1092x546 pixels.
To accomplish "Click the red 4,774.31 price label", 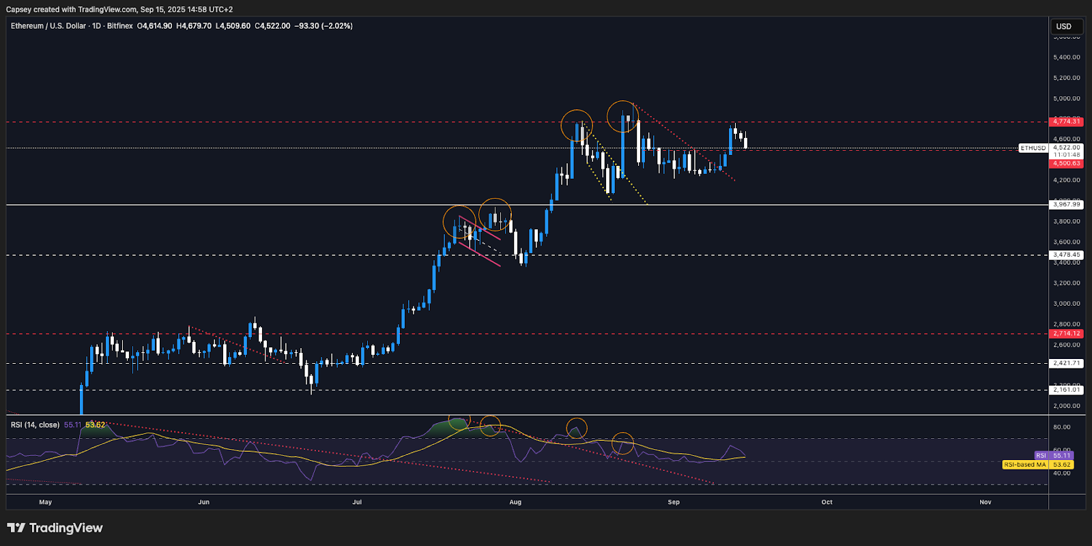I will click(x=1066, y=121).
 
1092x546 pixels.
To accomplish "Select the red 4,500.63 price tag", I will click(x=1066, y=164).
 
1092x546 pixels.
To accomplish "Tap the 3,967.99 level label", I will click(x=1066, y=205).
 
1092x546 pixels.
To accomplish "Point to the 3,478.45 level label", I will click(x=1066, y=255).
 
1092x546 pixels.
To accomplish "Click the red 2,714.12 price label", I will click(x=1066, y=334).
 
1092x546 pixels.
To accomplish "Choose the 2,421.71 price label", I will click(x=1066, y=364).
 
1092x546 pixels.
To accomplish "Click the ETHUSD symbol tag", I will click(x=1033, y=148).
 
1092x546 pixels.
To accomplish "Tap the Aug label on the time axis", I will click(x=515, y=502).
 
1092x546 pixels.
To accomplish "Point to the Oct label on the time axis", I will click(x=827, y=502).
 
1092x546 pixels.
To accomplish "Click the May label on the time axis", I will click(x=46, y=502).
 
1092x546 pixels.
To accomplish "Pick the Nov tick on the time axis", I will click(x=985, y=502).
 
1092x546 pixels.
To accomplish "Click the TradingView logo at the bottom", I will click(x=55, y=528).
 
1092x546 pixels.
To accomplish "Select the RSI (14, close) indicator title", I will click(x=35, y=425).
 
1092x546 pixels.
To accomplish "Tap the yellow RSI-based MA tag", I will click(x=1024, y=465).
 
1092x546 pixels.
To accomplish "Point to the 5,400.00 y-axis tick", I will click(x=1066, y=57).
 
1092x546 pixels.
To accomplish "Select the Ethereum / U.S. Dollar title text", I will click(x=48, y=26).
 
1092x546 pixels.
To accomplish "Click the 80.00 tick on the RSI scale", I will click(x=1061, y=427).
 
